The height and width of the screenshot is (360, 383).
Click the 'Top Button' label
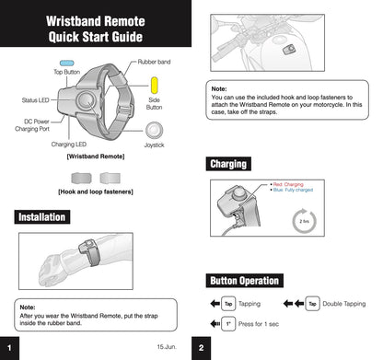point(65,71)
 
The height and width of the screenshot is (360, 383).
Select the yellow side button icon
point(155,89)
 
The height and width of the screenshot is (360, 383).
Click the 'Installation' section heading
point(41,217)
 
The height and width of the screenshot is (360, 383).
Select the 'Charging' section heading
point(228,164)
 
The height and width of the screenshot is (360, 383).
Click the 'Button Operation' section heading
point(245,280)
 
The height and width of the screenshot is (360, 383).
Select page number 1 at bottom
point(8,347)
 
